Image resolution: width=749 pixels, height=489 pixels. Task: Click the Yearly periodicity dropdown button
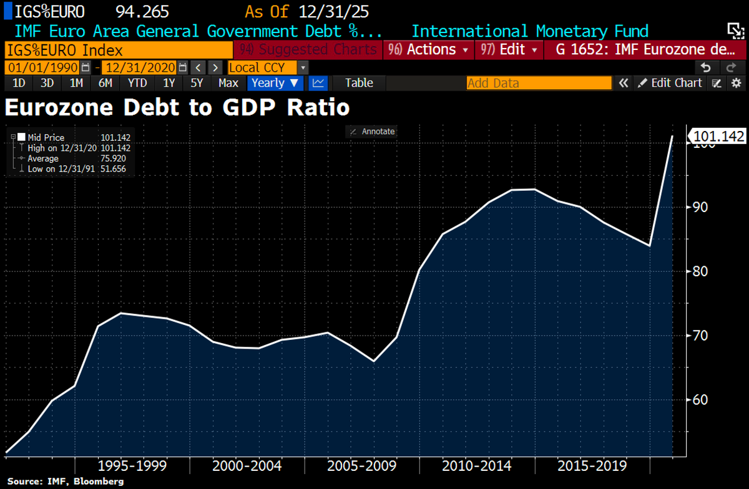point(275,83)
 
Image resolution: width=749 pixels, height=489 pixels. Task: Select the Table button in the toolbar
point(359,83)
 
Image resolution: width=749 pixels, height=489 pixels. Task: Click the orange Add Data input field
point(539,83)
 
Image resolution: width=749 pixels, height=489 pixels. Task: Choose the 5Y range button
point(197,83)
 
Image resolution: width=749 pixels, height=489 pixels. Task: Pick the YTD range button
point(137,83)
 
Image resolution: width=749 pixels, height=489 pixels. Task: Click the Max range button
point(228,83)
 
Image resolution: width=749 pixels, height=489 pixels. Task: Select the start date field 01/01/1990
point(42,67)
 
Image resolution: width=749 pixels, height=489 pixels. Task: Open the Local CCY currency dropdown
point(268,67)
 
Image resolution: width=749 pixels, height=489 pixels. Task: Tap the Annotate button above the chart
point(373,132)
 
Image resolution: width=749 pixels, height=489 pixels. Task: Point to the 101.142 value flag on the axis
point(717,136)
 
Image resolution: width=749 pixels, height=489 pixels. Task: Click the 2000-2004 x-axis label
point(247,466)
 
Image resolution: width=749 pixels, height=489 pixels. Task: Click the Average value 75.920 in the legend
point(115,158)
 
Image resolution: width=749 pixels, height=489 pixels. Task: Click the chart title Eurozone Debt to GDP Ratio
point(177,107)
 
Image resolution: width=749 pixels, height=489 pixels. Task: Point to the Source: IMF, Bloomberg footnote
point(66,482)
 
